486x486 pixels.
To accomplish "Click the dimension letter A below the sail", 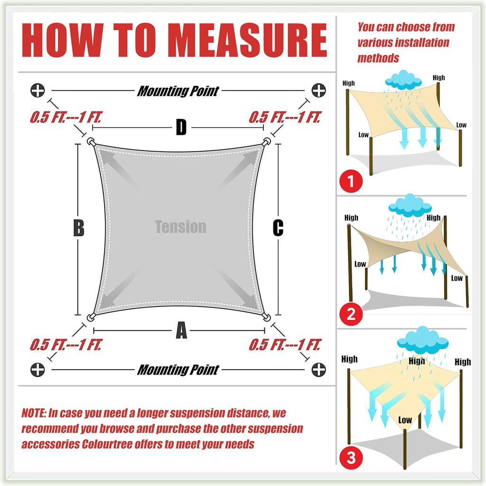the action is [x=181, y=330].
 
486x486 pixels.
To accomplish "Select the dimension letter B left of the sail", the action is [x=79, y=228].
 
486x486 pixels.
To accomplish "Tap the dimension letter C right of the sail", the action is [x=278, y=228].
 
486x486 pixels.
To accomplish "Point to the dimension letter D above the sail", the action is [x=181, y=127].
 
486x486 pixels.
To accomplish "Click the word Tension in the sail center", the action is [x=180, y=226].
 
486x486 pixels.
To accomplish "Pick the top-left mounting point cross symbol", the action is [x=37, y=91].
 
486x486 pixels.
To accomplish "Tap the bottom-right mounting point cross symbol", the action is [x=318, y=369].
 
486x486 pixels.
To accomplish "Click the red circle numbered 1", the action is [x=351, y=181].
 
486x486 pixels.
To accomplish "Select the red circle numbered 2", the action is [x=351, y=314].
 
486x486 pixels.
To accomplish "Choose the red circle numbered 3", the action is [x=351, y=458].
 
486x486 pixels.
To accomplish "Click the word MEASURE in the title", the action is [x=249, y=40].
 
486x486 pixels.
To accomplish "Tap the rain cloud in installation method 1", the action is [x=403, y=80].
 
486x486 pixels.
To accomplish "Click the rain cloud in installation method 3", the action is [x=423, y=340].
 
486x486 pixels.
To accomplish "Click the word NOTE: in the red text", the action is [x=34, y=413].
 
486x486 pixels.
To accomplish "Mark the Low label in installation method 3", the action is [x=405, y=420].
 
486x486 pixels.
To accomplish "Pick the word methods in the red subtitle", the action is [x=378, y=58].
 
